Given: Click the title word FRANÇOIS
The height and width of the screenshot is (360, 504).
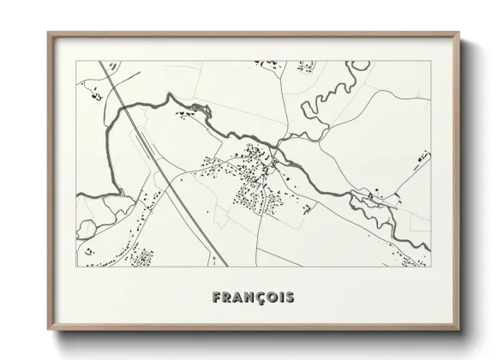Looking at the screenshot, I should [x=253, y=297].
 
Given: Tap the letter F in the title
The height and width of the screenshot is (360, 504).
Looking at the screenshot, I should [x=217, y=297].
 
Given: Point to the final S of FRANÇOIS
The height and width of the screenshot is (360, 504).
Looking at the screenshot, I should [x=290, y=297].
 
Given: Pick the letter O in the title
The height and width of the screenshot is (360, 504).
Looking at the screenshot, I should [x=270, y=297].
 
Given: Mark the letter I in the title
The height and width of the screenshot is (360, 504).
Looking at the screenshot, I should [x=280, y=297].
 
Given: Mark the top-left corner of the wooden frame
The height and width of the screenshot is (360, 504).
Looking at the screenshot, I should [x=49, y=33].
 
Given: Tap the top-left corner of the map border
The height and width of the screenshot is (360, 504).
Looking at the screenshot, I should [x=76, y=61].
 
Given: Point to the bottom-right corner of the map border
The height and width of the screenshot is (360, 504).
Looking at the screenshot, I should [x=430, y=267].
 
